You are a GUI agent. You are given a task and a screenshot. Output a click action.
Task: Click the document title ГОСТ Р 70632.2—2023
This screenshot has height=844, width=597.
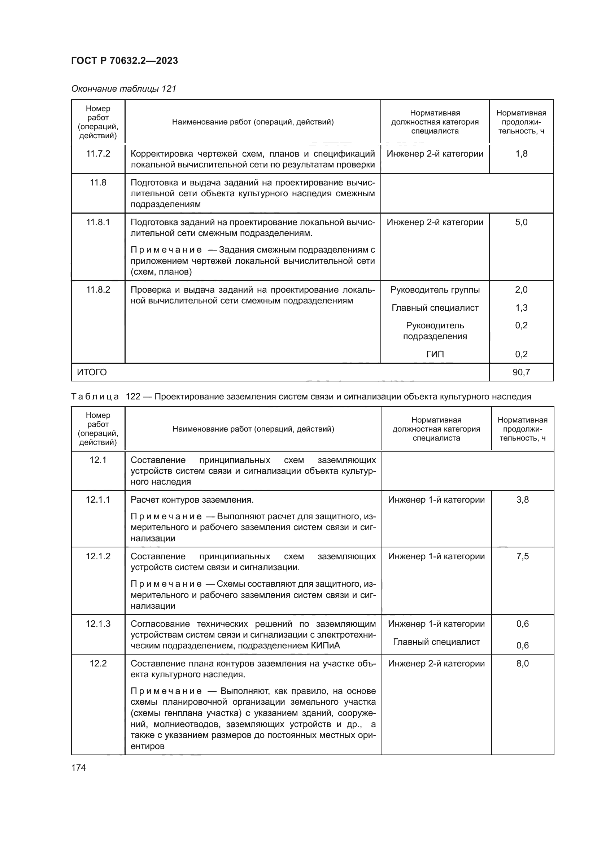tap(124, 61)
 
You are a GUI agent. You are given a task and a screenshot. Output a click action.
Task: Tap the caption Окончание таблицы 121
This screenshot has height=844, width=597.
tap(123, 89)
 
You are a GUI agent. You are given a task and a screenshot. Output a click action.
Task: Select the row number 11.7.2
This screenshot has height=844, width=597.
tap(98, 154)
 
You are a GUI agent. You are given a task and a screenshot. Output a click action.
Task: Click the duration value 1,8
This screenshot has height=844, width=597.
tap(521, 154)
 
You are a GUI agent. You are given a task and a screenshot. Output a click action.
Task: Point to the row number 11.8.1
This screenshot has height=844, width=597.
tap(98, 222)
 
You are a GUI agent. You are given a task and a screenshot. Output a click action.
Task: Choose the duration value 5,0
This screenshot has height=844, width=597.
tap(521, 222)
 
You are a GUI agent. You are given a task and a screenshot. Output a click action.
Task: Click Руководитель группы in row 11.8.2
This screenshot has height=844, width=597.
tap(435, 290)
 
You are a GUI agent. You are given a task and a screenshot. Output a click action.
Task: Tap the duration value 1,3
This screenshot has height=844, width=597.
tap(521, 308)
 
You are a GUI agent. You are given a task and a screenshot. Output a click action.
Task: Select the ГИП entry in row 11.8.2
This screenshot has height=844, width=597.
tap(435, 354)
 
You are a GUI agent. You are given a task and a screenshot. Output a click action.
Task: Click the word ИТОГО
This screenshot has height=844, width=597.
tap(92, 372)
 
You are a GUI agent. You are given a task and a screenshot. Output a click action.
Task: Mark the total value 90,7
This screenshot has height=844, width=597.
tap(521, 372)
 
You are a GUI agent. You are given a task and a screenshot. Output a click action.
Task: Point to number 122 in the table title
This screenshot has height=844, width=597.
tap(133, 397)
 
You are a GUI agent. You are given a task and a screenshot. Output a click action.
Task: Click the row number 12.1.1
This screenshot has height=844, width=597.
tap(98, 499)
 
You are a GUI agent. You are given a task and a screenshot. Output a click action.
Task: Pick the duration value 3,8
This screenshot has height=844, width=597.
tap(522, 499)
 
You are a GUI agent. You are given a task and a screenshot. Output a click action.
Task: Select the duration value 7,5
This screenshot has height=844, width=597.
tap(522, 556)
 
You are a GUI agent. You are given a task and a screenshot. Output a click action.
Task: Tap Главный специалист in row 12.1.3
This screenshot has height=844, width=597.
tap(436, 642)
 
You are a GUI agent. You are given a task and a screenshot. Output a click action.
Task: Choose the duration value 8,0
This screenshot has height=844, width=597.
tap(522, 664)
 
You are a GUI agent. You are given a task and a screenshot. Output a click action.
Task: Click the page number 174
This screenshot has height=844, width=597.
tap(78, 768)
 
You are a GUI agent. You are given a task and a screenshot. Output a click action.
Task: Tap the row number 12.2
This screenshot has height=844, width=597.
tap(98, 664)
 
